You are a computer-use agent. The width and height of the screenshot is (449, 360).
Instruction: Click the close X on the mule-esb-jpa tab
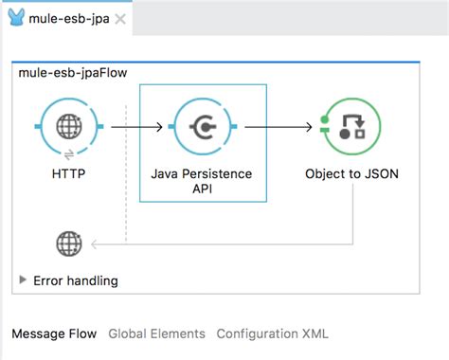[120, 19]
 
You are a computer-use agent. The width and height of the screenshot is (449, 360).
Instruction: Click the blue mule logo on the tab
[16, 17]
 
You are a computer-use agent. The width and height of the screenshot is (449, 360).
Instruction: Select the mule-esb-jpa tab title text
[69, 19]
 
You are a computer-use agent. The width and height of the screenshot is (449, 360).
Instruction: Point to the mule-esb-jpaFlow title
[73, 73]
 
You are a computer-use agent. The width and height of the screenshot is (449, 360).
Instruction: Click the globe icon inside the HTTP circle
[69, 126]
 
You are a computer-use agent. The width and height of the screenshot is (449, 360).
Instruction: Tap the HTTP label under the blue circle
[69, 173]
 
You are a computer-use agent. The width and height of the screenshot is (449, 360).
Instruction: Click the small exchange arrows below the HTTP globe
[69, 154]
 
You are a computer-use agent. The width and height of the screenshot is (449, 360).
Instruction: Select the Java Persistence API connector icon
[203, 127]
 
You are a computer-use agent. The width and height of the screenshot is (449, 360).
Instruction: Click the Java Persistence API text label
[202, 181]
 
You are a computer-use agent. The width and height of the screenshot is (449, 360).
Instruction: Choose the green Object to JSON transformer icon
[350, 127]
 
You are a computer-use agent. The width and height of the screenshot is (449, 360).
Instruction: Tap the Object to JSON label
[351, 174]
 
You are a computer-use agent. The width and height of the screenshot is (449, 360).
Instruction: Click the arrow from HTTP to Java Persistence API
[137, 127]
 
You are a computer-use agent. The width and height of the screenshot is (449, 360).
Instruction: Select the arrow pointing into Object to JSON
[278, 127]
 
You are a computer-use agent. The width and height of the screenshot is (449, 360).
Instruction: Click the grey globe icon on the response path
[69, 243]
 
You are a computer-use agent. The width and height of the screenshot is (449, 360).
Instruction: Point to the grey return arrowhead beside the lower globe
[94, 244]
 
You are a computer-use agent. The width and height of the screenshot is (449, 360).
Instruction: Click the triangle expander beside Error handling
[23, 279]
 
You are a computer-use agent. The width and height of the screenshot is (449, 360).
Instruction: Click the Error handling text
[76, 280]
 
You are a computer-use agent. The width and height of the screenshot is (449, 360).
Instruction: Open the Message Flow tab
[54, 333]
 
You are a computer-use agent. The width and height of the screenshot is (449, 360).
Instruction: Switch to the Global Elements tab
[156, 333]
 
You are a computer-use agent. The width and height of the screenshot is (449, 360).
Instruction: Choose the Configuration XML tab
[273, 333]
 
